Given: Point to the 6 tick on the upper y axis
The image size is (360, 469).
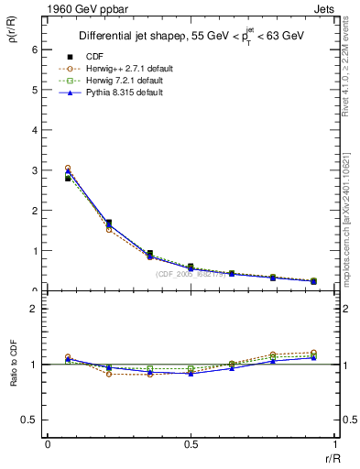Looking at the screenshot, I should [36, 49].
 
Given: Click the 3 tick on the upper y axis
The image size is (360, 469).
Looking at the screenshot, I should [36, 170].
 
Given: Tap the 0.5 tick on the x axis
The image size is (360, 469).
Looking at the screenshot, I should [191, 445].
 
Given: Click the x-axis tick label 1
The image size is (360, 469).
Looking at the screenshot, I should [333, 445].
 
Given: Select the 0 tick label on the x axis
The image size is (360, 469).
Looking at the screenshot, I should [48, 445].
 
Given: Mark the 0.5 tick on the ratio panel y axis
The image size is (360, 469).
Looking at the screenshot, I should [33, 420].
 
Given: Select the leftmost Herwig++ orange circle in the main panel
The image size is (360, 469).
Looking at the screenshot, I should [68, 169].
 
